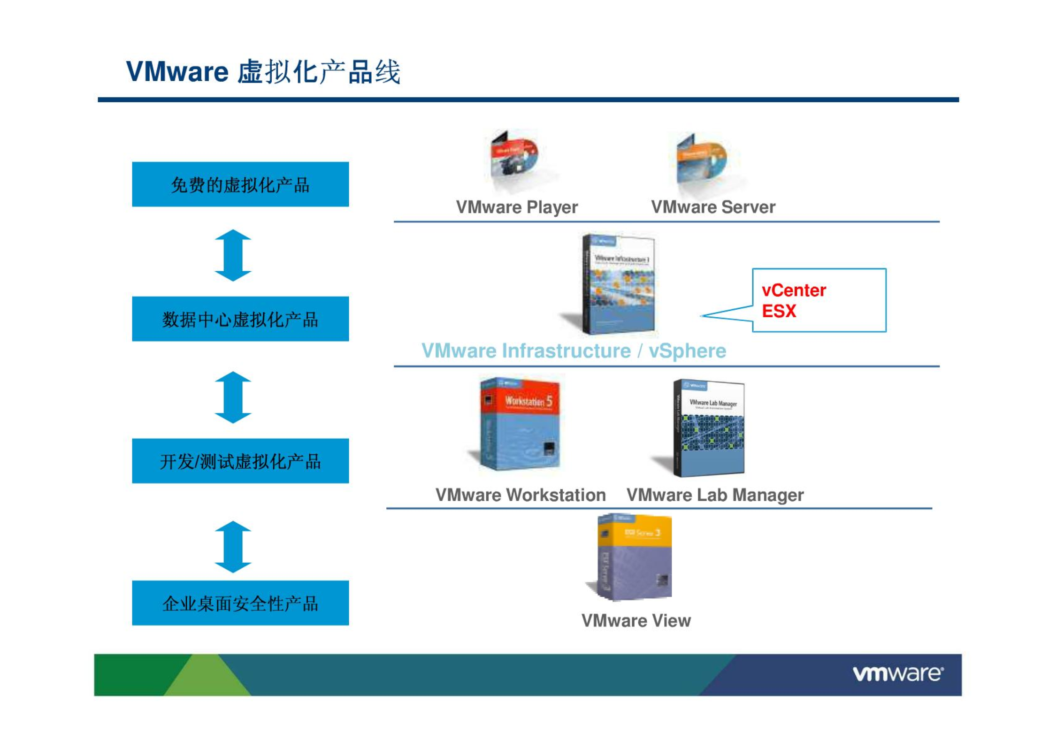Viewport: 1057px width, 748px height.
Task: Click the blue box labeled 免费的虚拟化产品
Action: (x=240, y=184)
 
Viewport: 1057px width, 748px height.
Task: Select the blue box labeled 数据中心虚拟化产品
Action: (x=240, y=319)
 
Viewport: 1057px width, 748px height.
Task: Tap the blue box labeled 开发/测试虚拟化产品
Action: (x=240, y=461)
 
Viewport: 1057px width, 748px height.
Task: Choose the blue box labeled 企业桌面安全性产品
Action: (x=240, y=603)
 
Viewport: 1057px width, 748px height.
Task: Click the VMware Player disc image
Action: (x=514, y=160)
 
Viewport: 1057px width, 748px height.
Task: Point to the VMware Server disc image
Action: (x=701, y=162)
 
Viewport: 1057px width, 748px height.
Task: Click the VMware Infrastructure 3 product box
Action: (x=618, y=284)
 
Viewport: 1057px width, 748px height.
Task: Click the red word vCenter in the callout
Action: (x=794, y=290)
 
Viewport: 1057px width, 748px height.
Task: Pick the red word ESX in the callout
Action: (x=779, y=311)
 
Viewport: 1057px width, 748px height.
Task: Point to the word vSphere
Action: (x=687, y=351)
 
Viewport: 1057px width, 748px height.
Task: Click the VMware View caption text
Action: (x=636, y=621)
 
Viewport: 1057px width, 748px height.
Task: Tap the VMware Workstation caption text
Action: (x=521, y=495)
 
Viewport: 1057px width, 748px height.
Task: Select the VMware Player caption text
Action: (x=517, y=207)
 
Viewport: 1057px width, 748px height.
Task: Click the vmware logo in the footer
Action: (x=898, y=674)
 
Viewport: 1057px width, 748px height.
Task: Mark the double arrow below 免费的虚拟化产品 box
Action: (x=233, y=255)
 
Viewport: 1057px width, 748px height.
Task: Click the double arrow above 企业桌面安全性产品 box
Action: (x=233, y=547)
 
